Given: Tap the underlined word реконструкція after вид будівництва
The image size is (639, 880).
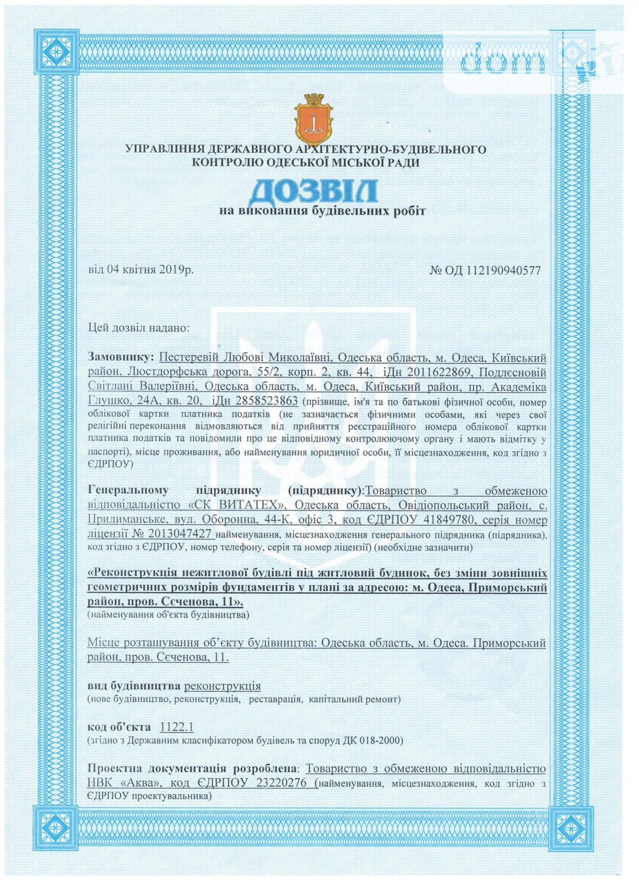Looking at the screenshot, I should click(222, 686).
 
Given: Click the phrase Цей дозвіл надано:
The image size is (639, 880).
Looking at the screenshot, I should click(138, 327).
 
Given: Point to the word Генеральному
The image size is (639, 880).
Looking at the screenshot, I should click(128, 490).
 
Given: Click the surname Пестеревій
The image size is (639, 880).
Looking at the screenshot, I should click(193, 357).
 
